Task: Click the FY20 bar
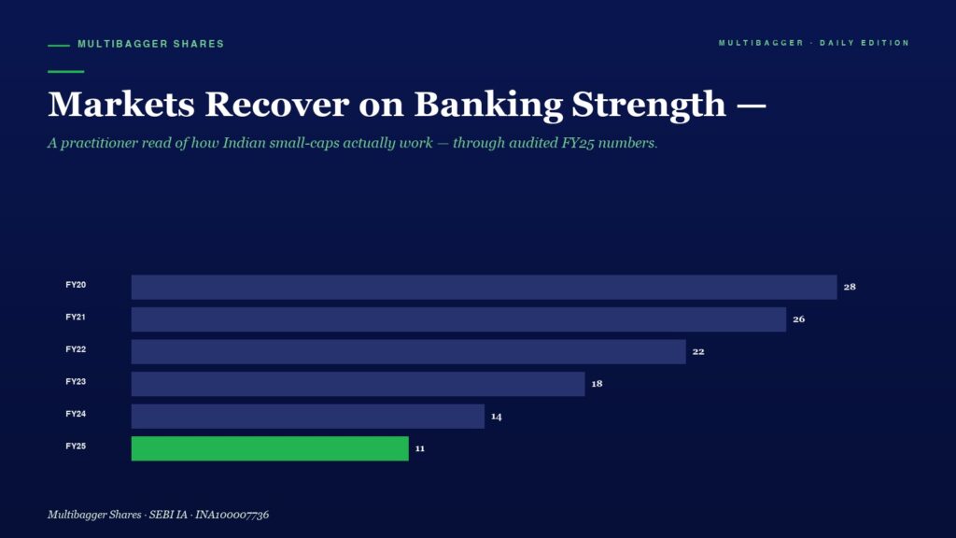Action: tap(485, 287)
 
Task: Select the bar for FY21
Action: tap(458, 319)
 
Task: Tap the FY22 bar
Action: tap(409, 351)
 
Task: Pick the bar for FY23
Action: tap(358, 384)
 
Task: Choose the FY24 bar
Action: tap(308, 416)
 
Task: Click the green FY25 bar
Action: tap(270, 448)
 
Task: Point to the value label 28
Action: tap(850, 287)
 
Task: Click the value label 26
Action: tap(799, 319)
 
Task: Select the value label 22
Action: tap(698, 351)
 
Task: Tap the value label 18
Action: tap(597, 384)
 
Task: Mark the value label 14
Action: tap(497, 417)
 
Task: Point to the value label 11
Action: tap(420, 448)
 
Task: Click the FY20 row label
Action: tap(76, 285)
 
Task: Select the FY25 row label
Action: tap(76, 446)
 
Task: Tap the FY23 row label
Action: tap(76, 382)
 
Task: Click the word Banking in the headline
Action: tap(488, 105)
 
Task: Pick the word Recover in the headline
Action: tap(276, 105)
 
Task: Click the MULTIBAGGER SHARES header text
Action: tap(150, 44)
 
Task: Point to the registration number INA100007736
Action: tap(232, 515)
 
